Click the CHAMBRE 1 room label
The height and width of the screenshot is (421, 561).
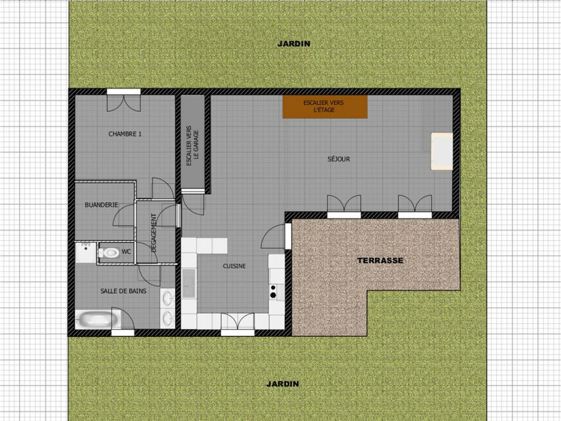click(x=125, y=134)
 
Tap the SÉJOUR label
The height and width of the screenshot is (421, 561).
click(x=338, y=159)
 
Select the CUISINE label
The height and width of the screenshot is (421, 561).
click(x=234, y=266)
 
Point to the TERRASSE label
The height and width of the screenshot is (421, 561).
click(x=380, y=260)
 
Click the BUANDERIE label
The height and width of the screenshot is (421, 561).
click(x=101, y=205)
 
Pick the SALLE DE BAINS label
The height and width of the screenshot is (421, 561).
click(x=124, y=291)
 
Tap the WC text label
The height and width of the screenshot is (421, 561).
click(x=126, y=252)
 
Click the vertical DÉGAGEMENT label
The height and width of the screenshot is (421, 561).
click(x=154, y=233)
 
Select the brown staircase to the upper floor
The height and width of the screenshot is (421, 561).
click(x=325, y=107)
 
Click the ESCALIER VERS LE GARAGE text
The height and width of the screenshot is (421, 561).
click(x=193, y=145)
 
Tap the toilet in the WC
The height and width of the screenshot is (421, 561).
click(x=109, y=253)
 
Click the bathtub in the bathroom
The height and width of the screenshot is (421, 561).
click(x=95, y=319)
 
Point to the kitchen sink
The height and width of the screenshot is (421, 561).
click(x=188, y=283)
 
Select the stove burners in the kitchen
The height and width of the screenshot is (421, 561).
click(x=273, y=292)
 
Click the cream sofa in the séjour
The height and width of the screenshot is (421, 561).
click(x=442, y=152)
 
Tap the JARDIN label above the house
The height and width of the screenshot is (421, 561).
click(x=294, y=44)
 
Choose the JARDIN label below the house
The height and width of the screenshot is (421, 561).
click(x=283, y=384)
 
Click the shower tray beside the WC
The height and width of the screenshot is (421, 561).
click(x=85, y=253)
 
